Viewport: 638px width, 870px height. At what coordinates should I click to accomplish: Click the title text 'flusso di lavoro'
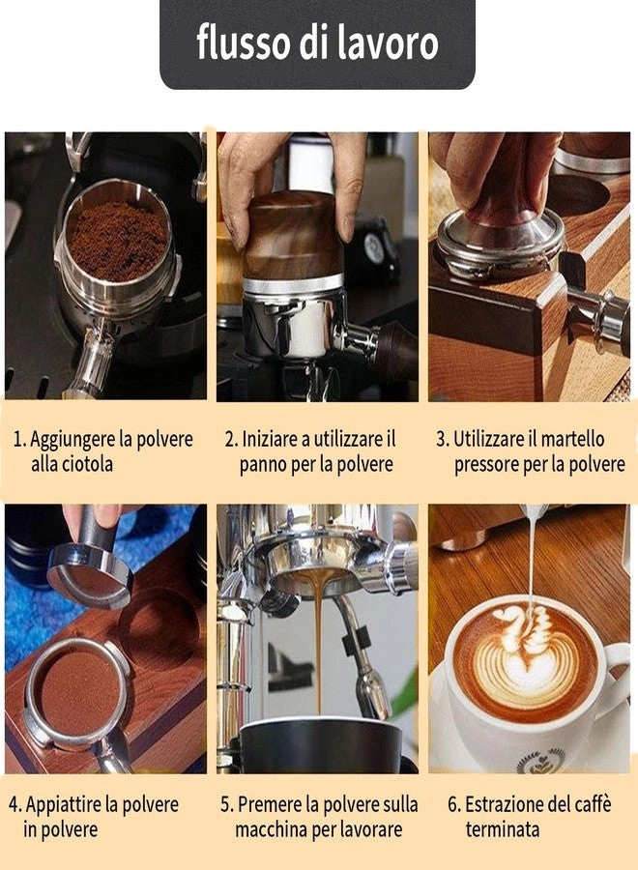(317, 43)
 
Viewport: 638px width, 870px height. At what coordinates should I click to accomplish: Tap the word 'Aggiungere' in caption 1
(71, 439)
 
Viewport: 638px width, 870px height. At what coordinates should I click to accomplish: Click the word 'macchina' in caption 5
(272, 829)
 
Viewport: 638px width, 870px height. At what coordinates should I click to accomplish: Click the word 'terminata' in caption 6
(502, 829)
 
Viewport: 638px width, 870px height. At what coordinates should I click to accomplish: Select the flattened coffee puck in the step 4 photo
(79, 691)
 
